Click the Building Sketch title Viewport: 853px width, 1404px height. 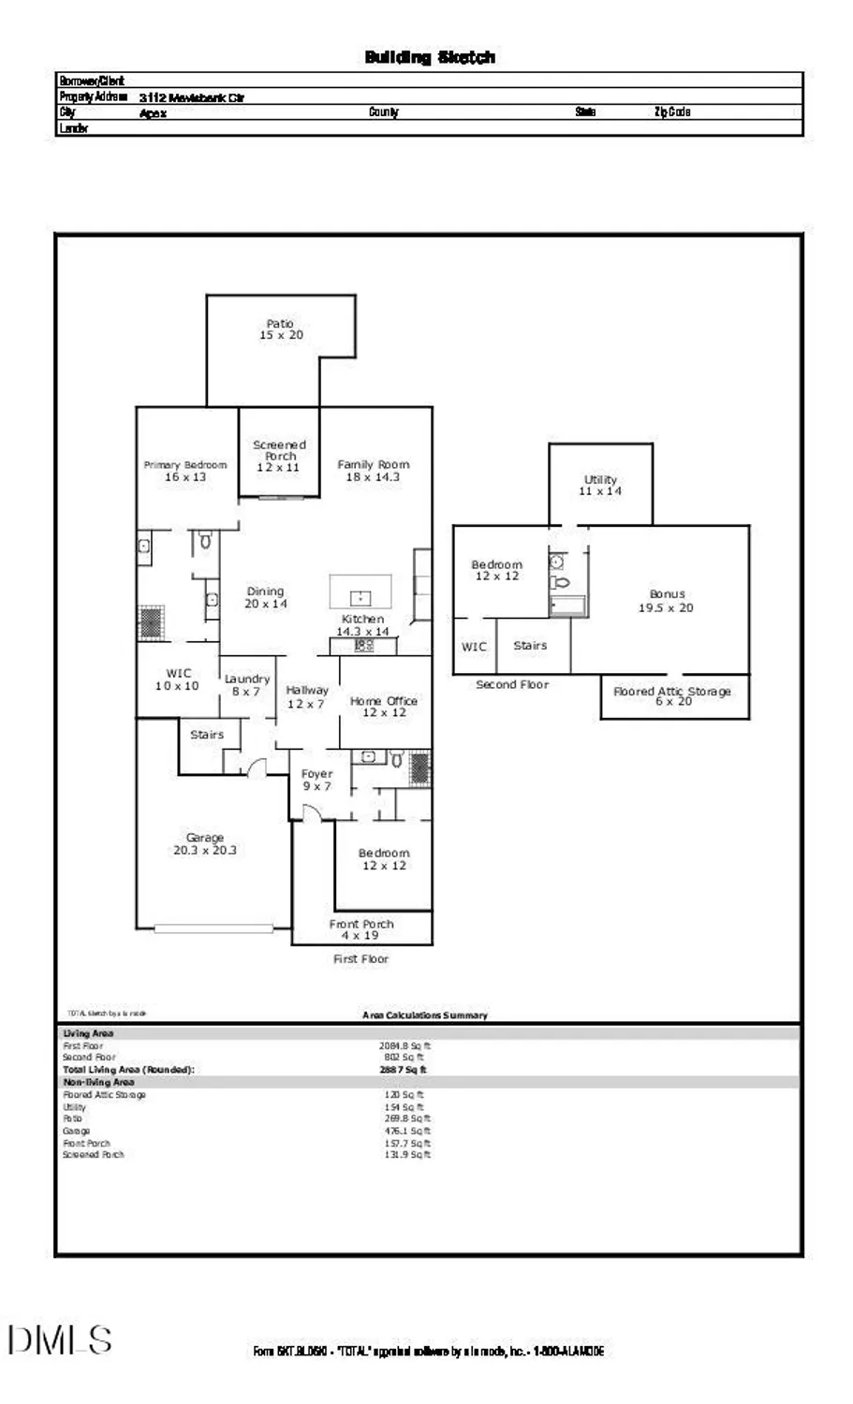coord(430,57)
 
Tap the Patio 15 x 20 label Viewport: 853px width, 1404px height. coord(281,329)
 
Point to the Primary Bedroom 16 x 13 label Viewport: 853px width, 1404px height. coord(185,471)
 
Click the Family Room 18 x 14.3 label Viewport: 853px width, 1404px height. coord(374,470)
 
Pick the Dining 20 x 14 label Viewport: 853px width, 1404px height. coord(266,597)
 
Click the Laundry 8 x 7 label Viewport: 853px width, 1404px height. coord(247,685)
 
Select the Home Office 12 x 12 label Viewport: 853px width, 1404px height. coord(384,706)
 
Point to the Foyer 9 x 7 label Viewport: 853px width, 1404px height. coord(316,780)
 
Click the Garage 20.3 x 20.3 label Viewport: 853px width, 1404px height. coord(205,844)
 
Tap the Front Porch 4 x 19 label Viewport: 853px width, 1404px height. coord(361,929)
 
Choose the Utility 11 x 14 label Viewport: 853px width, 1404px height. coord(600,485)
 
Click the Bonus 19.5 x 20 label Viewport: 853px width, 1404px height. coord(667,601)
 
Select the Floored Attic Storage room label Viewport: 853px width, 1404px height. coord(672,696)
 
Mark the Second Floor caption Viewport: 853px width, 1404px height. coord(512,684)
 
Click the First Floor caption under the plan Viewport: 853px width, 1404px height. coord(360,958)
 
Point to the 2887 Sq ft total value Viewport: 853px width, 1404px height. coord(403,1069)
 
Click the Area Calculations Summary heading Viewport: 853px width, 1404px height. coord(425,1015)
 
